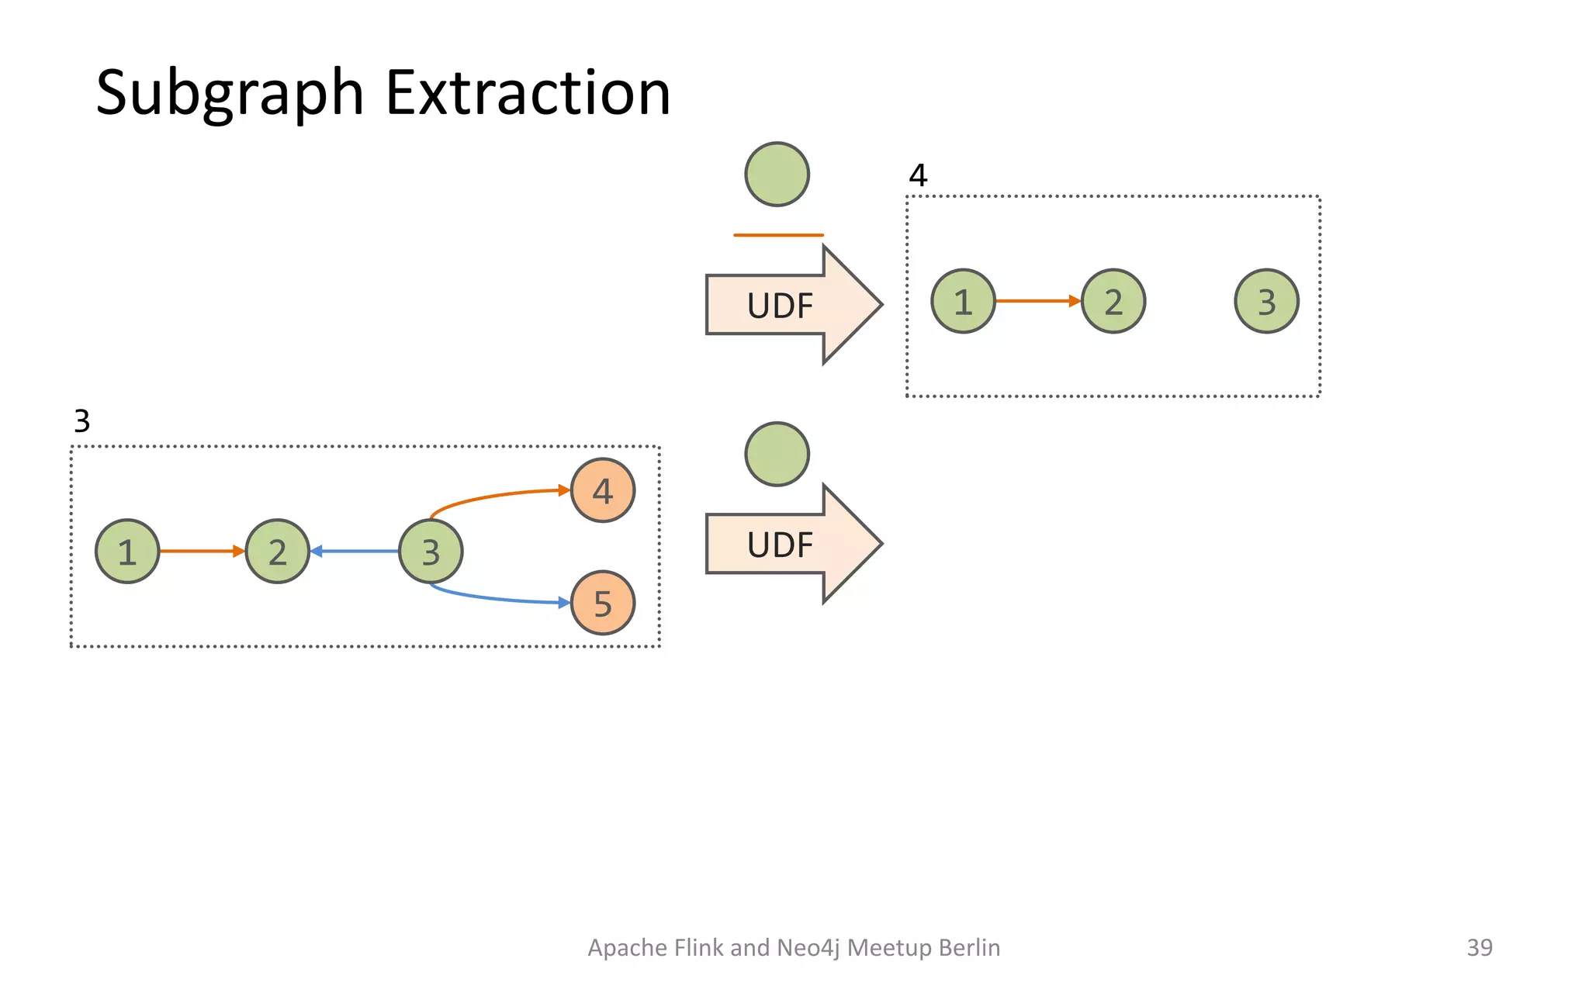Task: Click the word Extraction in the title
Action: pos(528,93)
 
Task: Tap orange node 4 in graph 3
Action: pos(603,490)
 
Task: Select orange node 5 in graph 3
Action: pos(603,603)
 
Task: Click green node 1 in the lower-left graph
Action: pos(127,552)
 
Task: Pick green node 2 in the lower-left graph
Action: pos(278,552)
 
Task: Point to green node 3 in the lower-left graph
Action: pos(431,552)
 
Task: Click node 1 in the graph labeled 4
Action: pos(963,302)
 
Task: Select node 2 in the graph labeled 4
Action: pos(1113,302)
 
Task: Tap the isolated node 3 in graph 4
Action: pos(1266,302)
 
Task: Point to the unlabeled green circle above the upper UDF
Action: pos(777,175)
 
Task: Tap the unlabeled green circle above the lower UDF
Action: pos(777,455)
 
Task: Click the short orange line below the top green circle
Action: pos(778,234)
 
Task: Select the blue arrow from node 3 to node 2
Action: pos(355,552)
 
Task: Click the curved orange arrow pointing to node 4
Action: pos(497,496)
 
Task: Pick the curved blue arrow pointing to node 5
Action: pos(497,597)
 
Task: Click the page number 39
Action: pos(1479,947)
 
